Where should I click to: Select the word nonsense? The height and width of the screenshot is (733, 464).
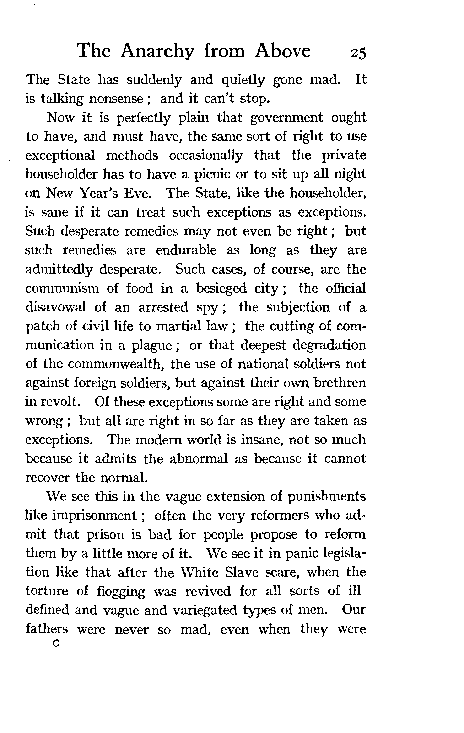tap(116, 99)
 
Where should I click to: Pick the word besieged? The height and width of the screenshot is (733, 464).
tap(221, 288)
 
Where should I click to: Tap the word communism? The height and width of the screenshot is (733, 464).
tap(62, 288)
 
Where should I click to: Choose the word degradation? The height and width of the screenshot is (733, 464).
tap(330, 345)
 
